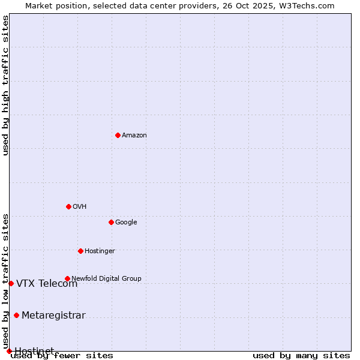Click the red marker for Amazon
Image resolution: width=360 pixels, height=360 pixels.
118,135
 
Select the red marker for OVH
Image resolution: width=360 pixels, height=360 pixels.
68,206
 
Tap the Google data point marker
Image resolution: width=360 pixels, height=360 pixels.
111,222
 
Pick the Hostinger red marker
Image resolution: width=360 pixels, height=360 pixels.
80,251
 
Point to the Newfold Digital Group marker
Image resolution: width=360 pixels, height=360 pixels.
67,278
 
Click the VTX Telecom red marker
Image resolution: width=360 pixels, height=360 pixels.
11,283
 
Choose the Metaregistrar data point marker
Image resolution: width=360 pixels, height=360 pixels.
16,316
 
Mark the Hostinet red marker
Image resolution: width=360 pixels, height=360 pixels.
9,351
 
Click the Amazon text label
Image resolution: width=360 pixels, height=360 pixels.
134,136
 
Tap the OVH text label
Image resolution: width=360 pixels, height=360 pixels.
80,207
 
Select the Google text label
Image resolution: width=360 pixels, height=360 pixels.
126,223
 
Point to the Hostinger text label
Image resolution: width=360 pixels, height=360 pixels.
100,251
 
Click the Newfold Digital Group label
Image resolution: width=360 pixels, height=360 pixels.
106,279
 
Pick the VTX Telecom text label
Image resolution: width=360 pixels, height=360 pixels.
47,284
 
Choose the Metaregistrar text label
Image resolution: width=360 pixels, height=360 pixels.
53,316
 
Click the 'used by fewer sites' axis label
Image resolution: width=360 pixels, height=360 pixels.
62,356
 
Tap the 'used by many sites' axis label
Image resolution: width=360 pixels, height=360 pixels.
301,356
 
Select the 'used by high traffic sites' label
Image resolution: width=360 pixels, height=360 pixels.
6,85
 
